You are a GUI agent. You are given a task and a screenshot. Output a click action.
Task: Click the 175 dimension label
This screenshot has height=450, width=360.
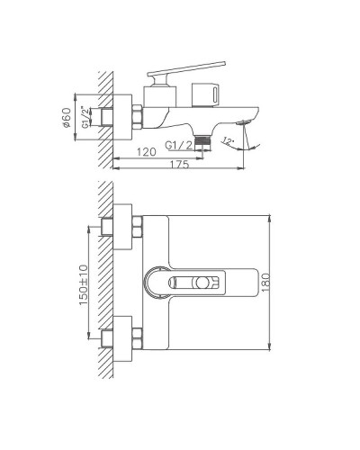click(x=182, y=165)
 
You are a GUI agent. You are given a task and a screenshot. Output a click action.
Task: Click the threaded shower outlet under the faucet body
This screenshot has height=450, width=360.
click(x=206, y=137)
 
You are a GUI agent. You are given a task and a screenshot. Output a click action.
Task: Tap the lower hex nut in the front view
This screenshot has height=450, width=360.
click(x=138, y=338)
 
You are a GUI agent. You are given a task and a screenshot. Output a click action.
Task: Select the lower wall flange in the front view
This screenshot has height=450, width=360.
click(x=121, y=338)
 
